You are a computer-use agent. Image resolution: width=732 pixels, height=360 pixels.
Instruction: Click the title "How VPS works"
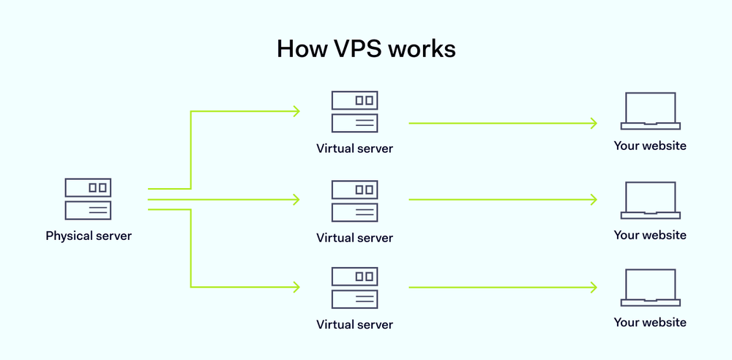click(x=366, y=49)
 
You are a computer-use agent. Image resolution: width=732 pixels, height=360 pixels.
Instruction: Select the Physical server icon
click(x=88, y=199)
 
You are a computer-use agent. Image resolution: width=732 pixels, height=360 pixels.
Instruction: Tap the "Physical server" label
click(x=88, y=236)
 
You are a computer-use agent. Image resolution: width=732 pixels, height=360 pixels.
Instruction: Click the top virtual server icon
click(x=354, y=111)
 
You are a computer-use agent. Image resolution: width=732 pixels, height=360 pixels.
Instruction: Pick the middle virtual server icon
click(x=354, y=200)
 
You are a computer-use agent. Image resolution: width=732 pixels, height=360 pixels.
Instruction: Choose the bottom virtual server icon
click(x=354, y=288)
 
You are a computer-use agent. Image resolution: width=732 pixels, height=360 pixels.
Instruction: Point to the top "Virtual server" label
click(x=354, y=149)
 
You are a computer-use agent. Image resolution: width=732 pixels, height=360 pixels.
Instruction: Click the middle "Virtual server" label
click(x=354, y=238)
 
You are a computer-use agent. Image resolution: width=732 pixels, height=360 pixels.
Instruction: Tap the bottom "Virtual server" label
click(x=354, y=324)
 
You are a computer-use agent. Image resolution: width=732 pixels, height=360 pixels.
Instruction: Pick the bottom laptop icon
click(x=650, y=288)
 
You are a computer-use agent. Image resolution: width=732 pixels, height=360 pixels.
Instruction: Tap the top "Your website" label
click(x=650, y=146)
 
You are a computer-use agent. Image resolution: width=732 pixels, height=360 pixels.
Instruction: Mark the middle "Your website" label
click(x=650, y=235)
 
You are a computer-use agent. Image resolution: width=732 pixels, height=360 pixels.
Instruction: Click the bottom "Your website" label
click(x=650, y=322)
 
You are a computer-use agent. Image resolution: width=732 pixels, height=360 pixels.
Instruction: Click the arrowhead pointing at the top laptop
click(x=594, y=123)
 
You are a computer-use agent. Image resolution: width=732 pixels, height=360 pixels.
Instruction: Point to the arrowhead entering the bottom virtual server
click(x=296, y=287)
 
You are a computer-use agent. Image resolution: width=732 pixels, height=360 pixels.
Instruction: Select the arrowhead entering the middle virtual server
click(x=296, y=199)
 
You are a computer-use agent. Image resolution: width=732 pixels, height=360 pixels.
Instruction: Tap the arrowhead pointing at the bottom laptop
click(x=594, y=287)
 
